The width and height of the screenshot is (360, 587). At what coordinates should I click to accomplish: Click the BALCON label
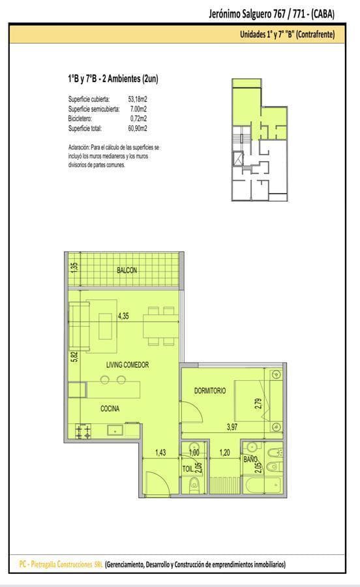(127, 270)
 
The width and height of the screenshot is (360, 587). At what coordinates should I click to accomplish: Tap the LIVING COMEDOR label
(127, 365)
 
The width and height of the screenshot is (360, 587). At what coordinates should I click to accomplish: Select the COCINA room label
(110, 408)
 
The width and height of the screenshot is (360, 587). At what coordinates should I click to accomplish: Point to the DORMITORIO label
(210, 391)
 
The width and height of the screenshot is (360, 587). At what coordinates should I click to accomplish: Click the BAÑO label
(250, 459)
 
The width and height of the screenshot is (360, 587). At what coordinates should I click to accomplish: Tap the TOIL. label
(188, 468)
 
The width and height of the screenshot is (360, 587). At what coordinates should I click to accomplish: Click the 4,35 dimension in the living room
(123, 316)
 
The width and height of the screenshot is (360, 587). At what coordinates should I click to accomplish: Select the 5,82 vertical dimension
(74, 356)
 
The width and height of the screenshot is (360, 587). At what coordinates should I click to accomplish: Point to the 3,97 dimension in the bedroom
(232, 427)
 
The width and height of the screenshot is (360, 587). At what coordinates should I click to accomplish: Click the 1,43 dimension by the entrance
(160, 453)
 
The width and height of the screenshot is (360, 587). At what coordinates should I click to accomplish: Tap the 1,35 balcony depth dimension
(74, 267)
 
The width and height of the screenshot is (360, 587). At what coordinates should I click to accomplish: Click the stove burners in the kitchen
(83, 431)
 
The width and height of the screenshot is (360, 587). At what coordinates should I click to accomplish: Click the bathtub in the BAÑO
(262, 485)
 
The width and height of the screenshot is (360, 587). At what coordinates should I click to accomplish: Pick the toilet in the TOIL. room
(194, 485)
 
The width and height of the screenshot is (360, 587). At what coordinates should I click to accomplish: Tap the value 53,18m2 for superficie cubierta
(138, 99)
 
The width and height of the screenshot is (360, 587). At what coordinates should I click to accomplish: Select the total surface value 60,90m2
(138, 128)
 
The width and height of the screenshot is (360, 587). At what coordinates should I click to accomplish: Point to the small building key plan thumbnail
(260, 140)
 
